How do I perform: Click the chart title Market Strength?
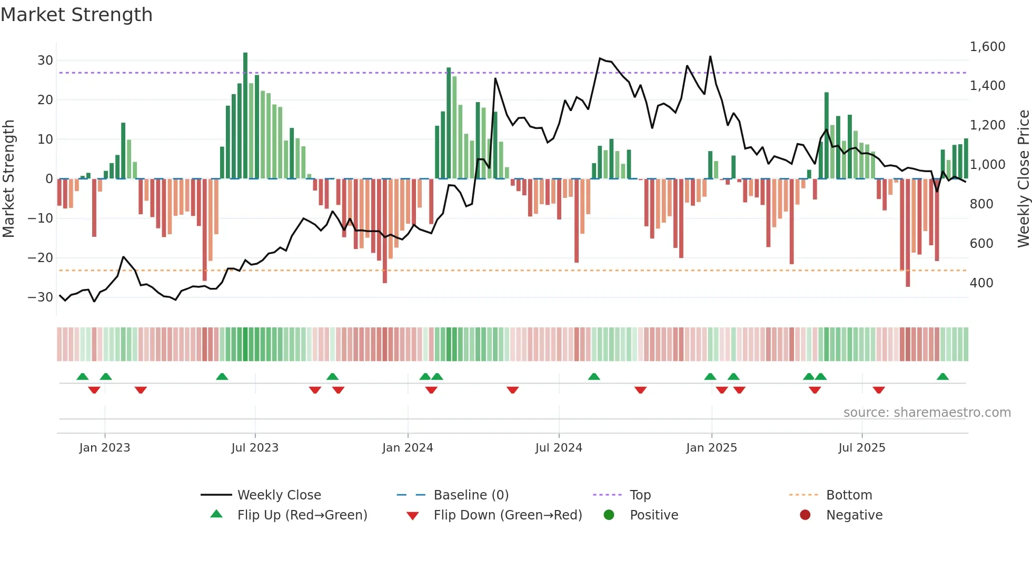click(76, 15)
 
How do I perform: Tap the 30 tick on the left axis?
click(45, 61)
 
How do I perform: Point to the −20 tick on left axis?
click(41, 258)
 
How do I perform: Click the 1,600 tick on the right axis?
click(987, 47)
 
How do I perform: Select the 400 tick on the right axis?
click(981, 283)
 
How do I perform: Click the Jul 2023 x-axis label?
click(255, 448)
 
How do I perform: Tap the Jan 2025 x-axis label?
click(711, 448)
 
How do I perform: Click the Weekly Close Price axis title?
click(1023, 179)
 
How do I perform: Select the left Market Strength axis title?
click(8, 179)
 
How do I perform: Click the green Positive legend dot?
click(609, 515)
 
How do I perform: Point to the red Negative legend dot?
click(805, 515)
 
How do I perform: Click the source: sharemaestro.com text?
click(927, 413)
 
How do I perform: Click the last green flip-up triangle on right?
click(942, 377)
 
